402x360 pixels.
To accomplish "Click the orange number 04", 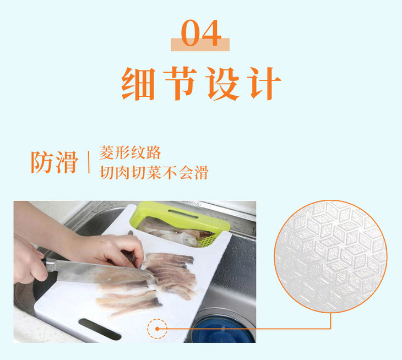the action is [201, 33].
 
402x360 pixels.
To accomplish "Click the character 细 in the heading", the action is [138, 84].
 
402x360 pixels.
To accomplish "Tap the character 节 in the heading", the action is [180, 83].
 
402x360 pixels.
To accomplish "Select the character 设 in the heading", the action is [222, 84].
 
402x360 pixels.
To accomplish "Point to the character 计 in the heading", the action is [264, 84].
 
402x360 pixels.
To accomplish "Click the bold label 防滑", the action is [55, 162].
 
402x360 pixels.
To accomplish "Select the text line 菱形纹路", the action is [130, 152].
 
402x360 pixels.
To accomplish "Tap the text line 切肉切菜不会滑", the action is [154, 172].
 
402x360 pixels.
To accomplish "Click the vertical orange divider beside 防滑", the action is [89, 162].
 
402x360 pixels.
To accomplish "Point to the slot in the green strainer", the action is [183, 214].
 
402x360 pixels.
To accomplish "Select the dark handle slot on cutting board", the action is [100, 329].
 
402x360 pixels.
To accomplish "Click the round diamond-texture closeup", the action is [330, 256].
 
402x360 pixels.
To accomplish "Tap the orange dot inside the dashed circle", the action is [157, 329].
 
